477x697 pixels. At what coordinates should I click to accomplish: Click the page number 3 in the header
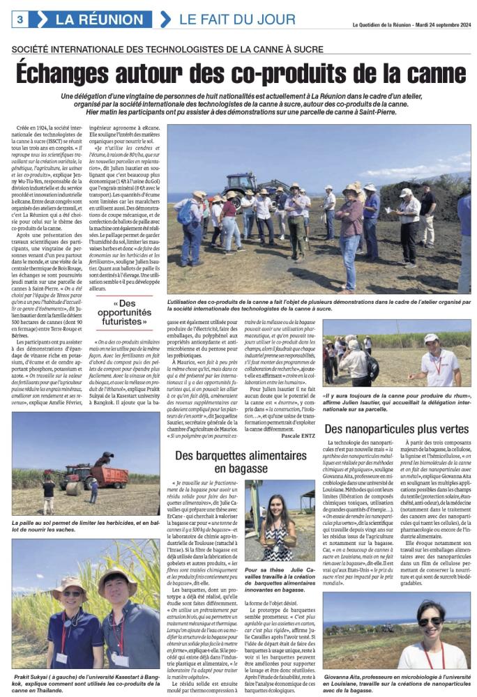pos(20,19)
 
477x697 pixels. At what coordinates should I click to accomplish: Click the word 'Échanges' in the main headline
pos(77,72)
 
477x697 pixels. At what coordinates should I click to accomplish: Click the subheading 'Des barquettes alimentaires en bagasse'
pos(240,462)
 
